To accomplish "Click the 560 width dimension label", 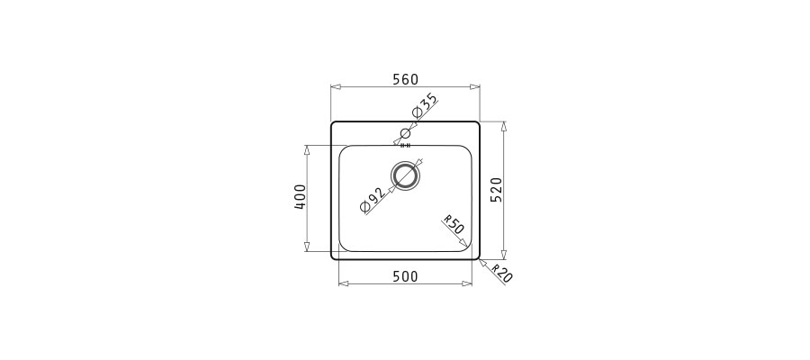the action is coord(405,79).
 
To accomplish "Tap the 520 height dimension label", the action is coord(496,189).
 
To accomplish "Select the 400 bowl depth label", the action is coord(300,197).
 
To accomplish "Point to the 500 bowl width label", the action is coord(406,277).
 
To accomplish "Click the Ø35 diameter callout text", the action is coord(424,106).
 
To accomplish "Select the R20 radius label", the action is coord(501,274).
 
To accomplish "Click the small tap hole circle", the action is coord(406,134).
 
